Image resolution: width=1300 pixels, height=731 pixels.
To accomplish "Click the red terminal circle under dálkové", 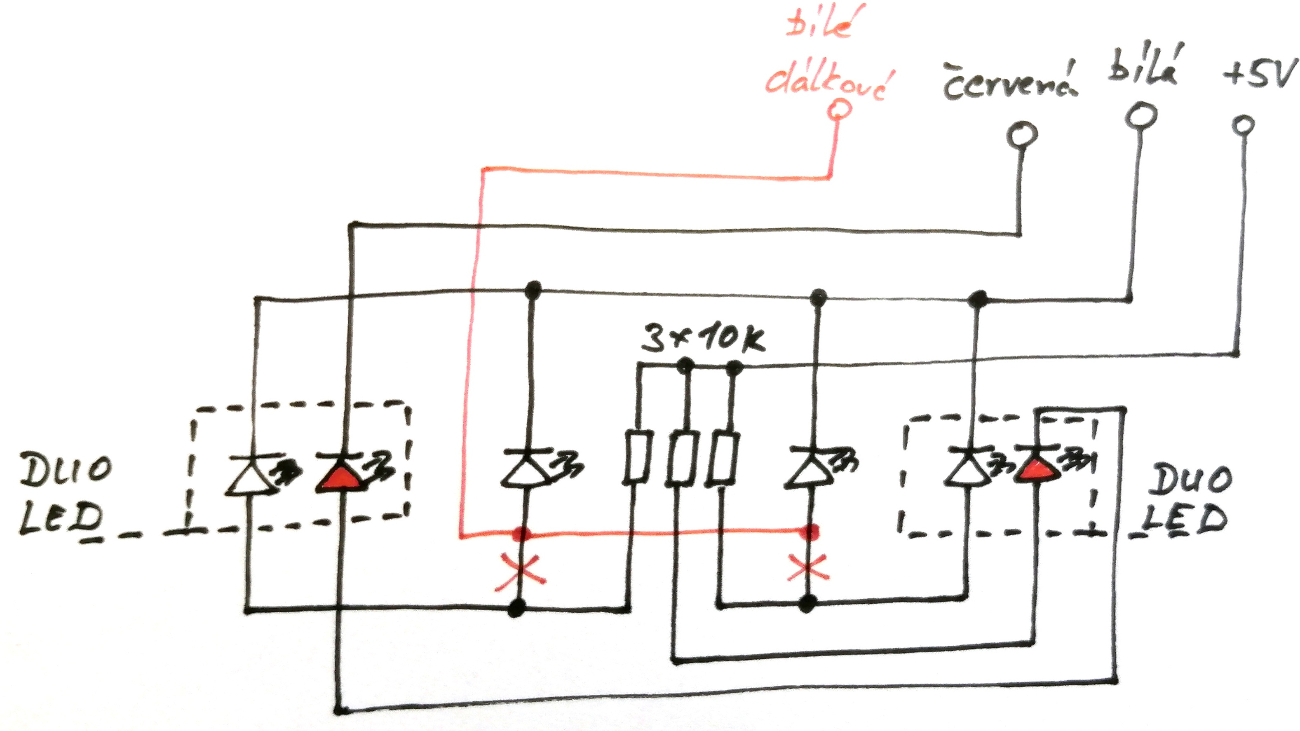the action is click(x=839, y=108).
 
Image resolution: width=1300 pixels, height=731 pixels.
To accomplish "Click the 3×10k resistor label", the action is click(x=702, y=339).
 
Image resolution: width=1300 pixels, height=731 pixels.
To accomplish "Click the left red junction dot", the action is click(x=522, y=533).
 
